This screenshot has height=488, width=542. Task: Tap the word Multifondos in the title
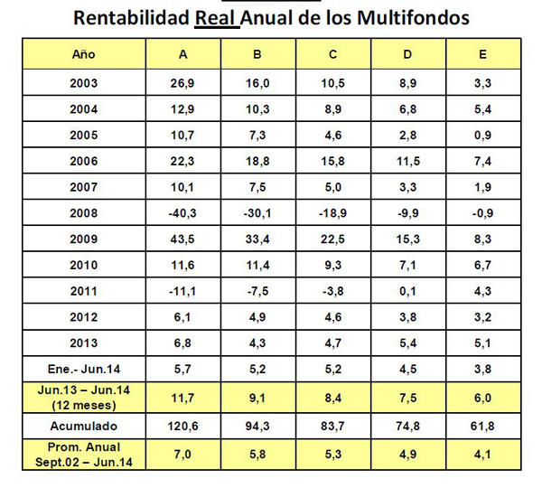pos(413,17)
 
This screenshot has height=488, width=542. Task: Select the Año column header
pos(84,54)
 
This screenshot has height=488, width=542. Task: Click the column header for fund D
pos(408,54)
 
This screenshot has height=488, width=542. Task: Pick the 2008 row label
pos(84,213)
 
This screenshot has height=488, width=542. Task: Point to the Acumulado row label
pos(84,426)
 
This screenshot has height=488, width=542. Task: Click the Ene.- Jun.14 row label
pos(84,369)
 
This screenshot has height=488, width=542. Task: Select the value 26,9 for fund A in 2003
pos(182,83)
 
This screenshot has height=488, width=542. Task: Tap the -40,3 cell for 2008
pos(182,213)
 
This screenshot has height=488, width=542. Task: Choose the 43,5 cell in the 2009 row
pos(182,239)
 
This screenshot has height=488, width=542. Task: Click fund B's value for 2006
pos(257,161)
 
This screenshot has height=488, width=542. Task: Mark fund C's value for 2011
pos(332,291)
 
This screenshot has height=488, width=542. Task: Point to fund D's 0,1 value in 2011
pos(408,291)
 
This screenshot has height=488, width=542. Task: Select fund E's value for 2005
pos(483,135)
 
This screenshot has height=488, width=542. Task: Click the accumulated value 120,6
pos(182,426)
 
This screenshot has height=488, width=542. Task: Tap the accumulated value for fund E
pos(483,426)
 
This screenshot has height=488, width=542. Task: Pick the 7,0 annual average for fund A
pos(182,454)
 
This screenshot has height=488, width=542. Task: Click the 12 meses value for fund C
pos(332,398)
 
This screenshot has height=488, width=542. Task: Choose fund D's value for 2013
pos(408,343)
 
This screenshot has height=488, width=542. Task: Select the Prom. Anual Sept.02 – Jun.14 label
pos(84,455)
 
